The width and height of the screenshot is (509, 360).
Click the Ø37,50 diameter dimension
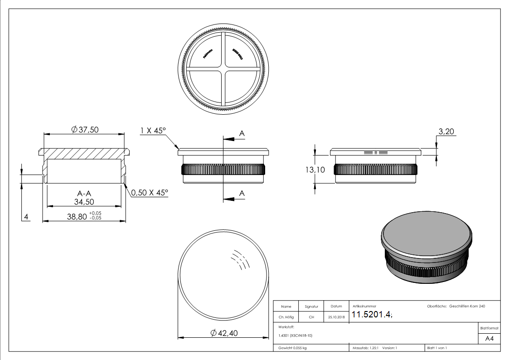point(85,130)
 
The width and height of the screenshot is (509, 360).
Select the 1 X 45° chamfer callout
point(153,131)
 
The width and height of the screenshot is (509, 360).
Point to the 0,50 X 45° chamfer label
point(150,193)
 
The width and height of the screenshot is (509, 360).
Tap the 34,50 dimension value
point(84,202)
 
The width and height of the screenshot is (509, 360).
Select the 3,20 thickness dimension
point(446,132)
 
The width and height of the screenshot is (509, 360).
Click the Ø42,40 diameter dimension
point(224,333)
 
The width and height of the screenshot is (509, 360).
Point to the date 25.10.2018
point(336,317)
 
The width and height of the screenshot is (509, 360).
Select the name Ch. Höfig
point(286,317)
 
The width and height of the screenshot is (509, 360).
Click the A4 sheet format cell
point(489,338)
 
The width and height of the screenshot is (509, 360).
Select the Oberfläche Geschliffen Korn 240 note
point(456,306)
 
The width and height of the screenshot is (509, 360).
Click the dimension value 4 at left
point(26,217)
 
